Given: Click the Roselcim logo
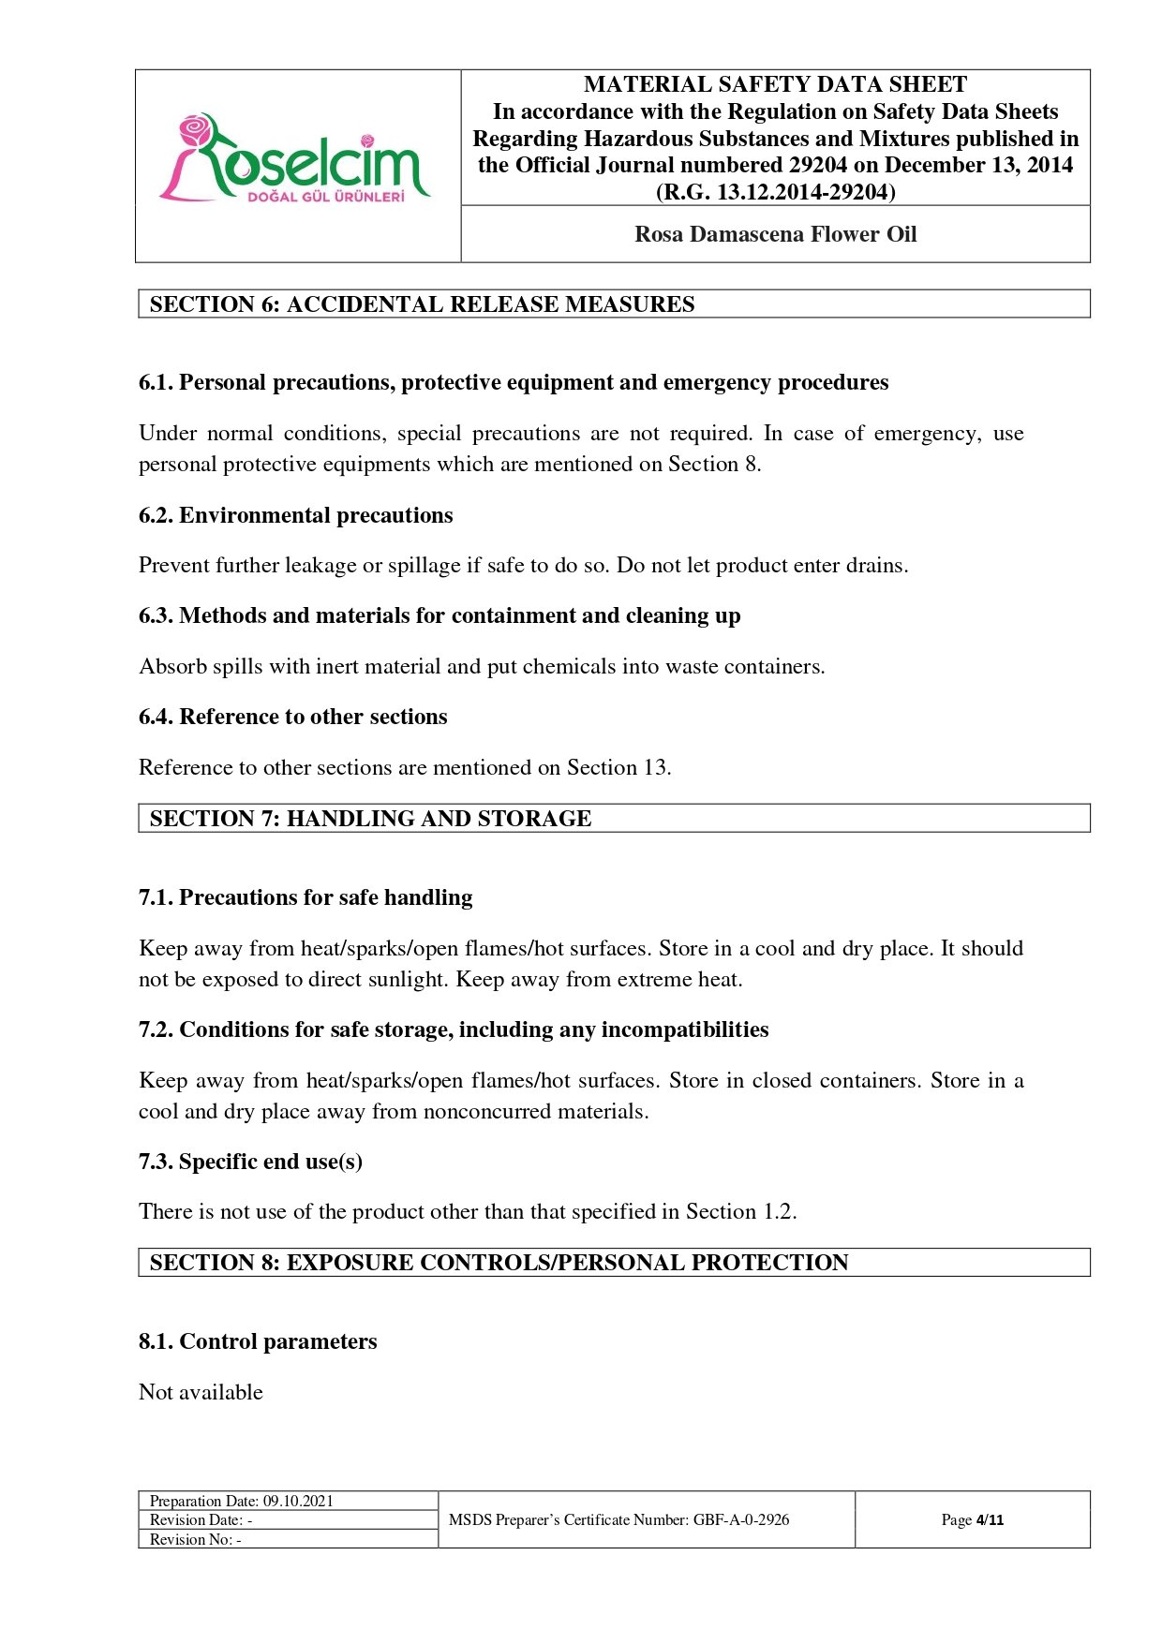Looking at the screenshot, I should [296, 160].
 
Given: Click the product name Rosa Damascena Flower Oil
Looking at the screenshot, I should [775, 234].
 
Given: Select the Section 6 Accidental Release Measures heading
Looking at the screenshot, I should [422, 304].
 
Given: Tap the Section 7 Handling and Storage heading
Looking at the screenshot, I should [370, 819].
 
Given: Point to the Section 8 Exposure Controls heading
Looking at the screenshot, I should [499, 1263].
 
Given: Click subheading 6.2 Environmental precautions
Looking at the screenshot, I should [295, 515].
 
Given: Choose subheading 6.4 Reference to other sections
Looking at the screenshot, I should [292, 717].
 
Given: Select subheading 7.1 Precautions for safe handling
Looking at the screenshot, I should [305, 897].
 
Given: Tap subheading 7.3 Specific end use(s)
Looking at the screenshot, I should [250, 1162].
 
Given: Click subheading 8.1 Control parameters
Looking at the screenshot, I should [258, 1341].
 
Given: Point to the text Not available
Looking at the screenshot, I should [201, 1392].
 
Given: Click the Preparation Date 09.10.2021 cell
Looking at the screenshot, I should [242, 1501].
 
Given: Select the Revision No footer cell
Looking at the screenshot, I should [196, 1539].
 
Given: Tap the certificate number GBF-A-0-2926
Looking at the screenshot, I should [740, 1519].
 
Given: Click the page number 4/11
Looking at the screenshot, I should [990, 1519].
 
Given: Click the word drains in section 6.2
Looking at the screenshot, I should [875, 566].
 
